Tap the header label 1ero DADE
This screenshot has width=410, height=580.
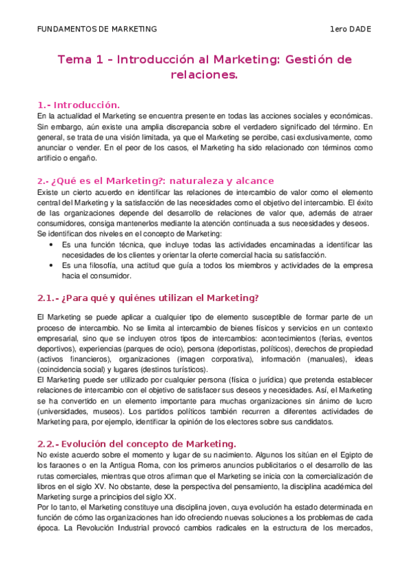tap(351, 29)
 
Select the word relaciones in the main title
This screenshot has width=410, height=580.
tap(205, 75)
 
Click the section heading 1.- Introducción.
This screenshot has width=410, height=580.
tap(79, 105)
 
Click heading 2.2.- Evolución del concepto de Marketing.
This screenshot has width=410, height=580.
tap(137, 444)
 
